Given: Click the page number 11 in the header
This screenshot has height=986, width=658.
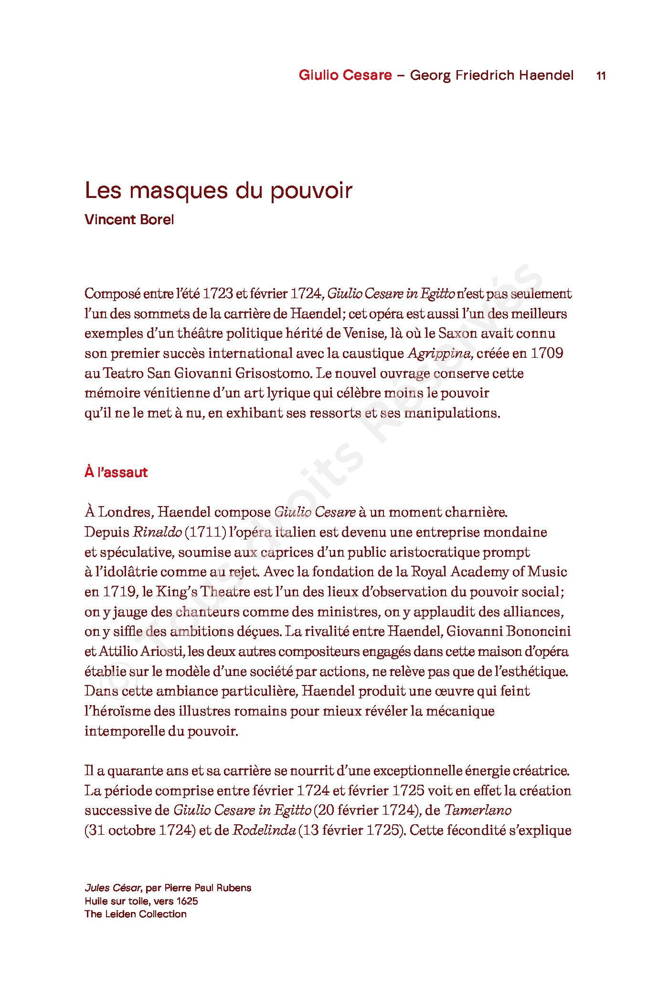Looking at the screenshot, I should pyautogui.click(x=601, y=75).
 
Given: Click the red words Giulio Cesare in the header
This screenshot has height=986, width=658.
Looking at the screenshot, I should pyautogui.click(x=345, y=75).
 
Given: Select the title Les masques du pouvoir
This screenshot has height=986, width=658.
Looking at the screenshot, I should pyautogui.click(x=218, y=190).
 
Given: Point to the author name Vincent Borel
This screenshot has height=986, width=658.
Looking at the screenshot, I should pyautogui.click(x=129, y=220).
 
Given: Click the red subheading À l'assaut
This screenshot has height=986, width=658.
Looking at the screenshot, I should pyautogui.click(x=116, y=472).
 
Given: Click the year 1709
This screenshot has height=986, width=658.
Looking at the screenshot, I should pyautogui.click(x=547, y=353).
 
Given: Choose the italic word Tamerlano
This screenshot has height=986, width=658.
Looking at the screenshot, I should pyautogui.click(x=478, y=810).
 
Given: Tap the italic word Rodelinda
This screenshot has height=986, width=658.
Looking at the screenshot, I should pyautogui.click(x=264, y=830).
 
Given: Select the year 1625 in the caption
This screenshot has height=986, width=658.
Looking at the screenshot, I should pyautogui.click(x=187, y=901).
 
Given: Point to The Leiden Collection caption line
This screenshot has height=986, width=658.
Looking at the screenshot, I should pyautogui.click(x=136, y=914).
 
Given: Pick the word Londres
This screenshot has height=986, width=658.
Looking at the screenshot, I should pyautogui.click(x=125, y=512).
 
